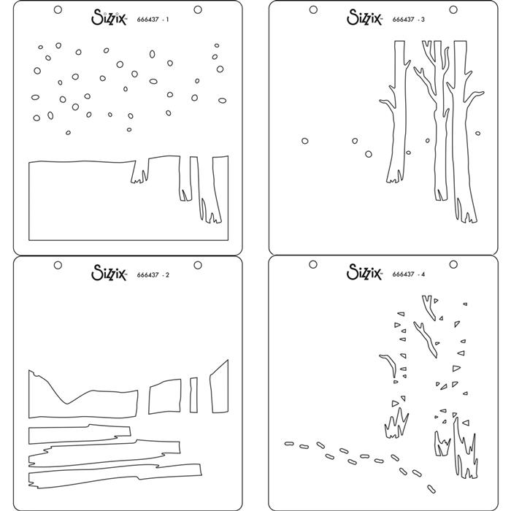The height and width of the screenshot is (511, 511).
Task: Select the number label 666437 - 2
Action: pos(153,274)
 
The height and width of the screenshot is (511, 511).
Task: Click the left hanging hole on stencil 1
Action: pos(58,9)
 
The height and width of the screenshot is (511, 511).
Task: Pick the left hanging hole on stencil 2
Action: pos(58,264)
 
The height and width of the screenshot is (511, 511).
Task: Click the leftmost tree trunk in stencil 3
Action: pos(399,109)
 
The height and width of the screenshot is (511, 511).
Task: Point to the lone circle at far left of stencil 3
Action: pos(304,140)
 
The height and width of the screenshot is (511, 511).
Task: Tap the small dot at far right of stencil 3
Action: pos(477,133)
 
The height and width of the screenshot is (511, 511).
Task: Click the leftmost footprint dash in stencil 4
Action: pos(287,442)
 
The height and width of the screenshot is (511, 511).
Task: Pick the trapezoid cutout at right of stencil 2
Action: pos(219,387)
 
